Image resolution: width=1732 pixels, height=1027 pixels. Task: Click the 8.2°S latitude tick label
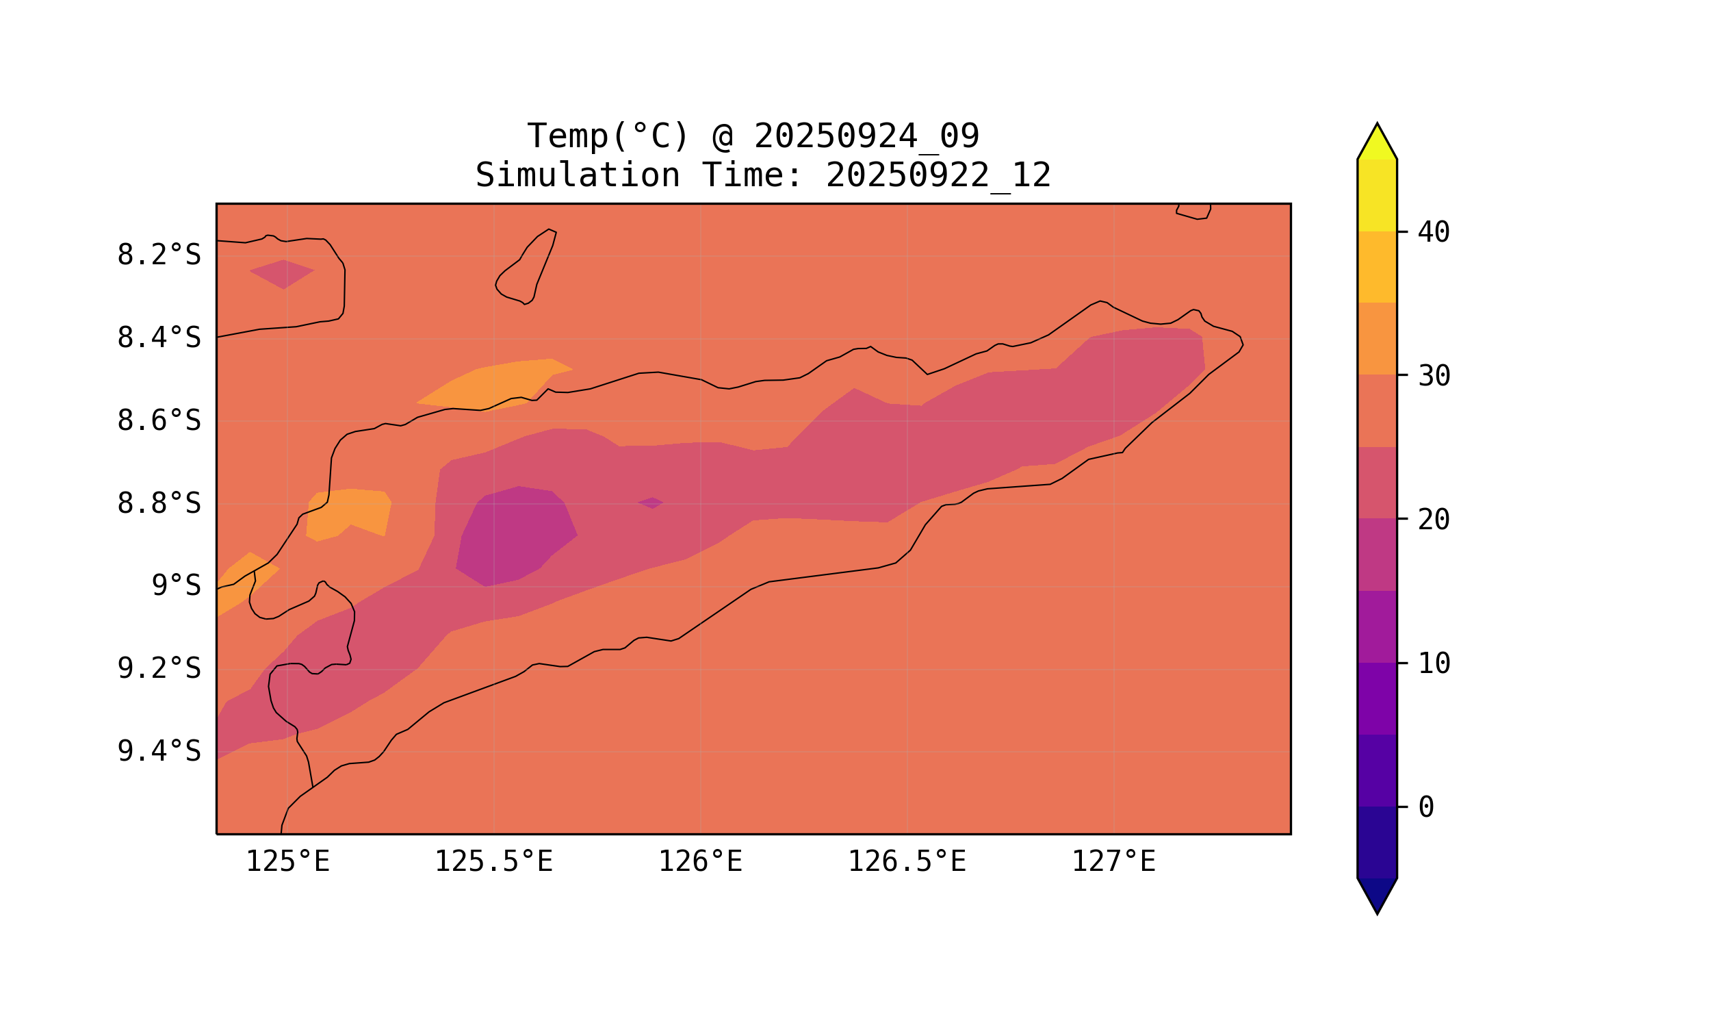(158, 255)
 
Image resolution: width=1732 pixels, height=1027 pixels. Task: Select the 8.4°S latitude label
(158, 338)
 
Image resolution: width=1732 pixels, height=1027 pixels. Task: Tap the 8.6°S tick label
(158, 421)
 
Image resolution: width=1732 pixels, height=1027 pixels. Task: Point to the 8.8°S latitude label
(158, 504)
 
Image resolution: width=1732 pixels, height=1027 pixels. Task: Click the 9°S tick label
(176, 586)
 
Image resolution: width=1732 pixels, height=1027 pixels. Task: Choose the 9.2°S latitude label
(158, 668)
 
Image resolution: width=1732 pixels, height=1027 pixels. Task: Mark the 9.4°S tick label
(158, 751)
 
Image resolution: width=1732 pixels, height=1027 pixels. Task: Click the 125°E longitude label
(287, 861)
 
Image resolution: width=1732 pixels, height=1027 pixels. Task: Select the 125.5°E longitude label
(493, 861)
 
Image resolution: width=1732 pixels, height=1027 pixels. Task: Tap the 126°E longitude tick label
(700, 861)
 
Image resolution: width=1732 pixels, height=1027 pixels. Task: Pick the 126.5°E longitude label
(907, 861)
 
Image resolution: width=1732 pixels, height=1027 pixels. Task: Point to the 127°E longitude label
(1113, 861)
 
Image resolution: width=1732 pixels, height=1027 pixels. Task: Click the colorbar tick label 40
(1433, 233)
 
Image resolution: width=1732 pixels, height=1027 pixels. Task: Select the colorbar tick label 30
(1433, 377)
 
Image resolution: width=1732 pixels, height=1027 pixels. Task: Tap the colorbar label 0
(1425, 808)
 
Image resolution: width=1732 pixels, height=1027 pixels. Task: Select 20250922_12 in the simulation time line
(938, 176)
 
